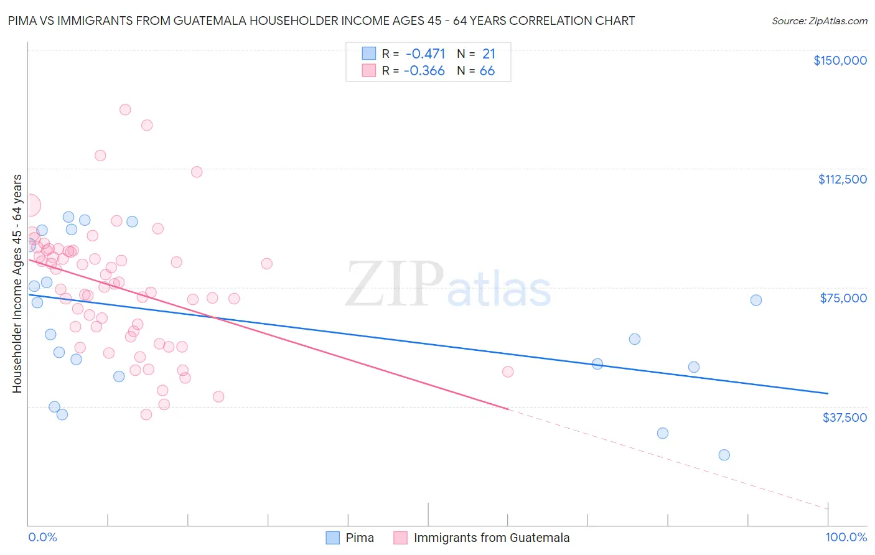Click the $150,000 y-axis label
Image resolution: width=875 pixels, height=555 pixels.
[x=840, y=60]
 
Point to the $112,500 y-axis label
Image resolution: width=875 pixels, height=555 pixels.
[x=842, y=179]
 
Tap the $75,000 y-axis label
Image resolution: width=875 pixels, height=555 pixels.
[x=843, y=298]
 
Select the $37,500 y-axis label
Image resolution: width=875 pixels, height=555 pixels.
[x=845, y=417]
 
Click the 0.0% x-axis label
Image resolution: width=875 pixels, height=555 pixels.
[x=42, y=537]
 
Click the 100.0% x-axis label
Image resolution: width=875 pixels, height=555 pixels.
[x=846, y=537]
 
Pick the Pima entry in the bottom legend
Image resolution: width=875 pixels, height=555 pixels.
[x=350, y=538]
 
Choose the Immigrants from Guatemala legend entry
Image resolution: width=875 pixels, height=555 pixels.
[x=482, y=538]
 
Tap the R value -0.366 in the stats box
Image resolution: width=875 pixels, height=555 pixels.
[x=424, y=71]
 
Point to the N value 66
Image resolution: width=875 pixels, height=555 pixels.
[x=487, y=71]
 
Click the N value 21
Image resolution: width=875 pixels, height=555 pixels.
[x=489, y=54]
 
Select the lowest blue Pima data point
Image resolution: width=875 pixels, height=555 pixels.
[x=724, y=455]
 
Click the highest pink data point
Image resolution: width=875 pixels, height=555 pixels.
[x=125, y=110]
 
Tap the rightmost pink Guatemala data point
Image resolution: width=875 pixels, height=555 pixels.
[x=508, y=371]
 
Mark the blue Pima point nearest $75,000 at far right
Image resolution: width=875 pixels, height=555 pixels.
[x=756, y=300]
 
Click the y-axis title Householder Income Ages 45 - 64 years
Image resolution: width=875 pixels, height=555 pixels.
[x=17, y=284]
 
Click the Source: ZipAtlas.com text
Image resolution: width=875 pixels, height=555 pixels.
[x=819, y=21]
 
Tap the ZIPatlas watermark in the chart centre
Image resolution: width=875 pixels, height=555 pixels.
[x=448, y=285]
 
